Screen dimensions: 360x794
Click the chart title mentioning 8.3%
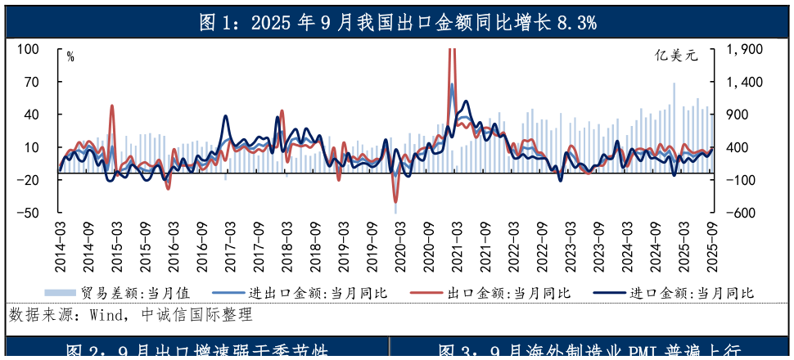397,23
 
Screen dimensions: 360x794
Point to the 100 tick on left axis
29,49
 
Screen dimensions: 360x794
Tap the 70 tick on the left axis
31,82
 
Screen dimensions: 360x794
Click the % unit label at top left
70,56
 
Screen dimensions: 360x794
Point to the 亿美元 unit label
677,56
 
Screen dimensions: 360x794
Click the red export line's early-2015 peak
112,106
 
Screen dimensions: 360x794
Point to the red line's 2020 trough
395,201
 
